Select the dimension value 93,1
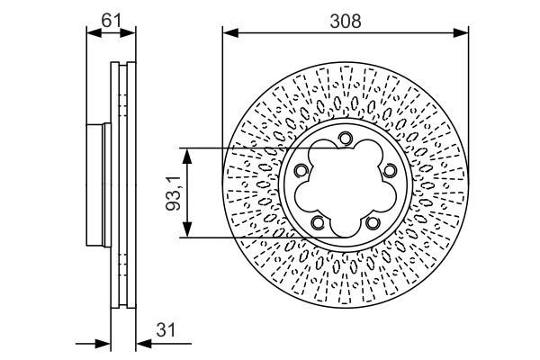174,192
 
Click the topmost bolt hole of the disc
346,138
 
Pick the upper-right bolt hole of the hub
389,172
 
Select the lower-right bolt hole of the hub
373,221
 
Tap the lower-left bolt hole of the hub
318,221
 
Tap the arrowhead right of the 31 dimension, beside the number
141,342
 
